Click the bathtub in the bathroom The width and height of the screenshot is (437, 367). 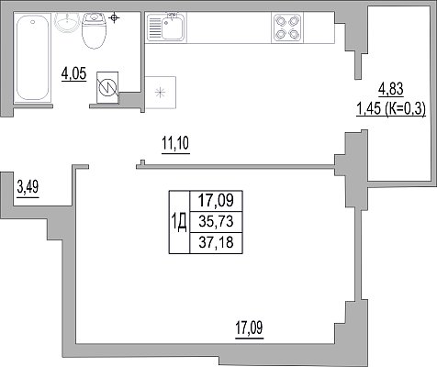click(x=32, y=57)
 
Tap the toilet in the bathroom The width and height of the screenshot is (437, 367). click(x=94, y=30)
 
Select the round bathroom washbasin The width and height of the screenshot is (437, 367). click(x=67, y=22)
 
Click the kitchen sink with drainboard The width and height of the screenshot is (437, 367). click(x=166, y=28)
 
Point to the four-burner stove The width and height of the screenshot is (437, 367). click(x=287, y=28)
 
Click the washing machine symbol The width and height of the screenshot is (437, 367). click(x=107, y=87)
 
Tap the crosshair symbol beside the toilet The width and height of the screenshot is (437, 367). click(x=114, y=17)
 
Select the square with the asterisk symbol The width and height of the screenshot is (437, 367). click(x=161, y=93)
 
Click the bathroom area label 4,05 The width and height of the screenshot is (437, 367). click(x=74, y=74)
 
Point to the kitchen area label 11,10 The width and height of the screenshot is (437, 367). click(x=175, y=144)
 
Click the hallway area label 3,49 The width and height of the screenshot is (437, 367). click(x=28, y=188)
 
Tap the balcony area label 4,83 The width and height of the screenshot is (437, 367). click(x=391, y=90)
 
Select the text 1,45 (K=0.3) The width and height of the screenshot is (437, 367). click(x=391, y=109)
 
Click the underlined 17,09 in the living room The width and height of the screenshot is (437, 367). click(x=249, y=329)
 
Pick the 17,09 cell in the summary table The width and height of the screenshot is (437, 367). click(x=216, y=201)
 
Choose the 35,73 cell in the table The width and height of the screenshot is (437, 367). click(x=216, y=222)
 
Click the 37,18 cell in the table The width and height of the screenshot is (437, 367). click(x=216, y=243)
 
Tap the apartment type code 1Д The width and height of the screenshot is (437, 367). click(x=179, y=222)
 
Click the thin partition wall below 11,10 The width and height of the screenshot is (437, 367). click(x=235, y=167)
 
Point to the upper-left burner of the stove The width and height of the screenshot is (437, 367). click(x=281, y=21)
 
